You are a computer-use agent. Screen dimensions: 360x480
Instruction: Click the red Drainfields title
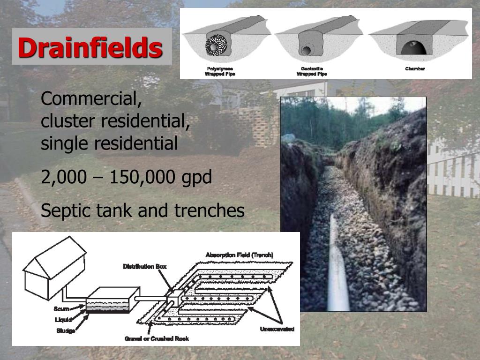click(x=90, y=47)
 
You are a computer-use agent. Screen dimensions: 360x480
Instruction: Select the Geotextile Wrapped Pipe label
click(x=312, y=71)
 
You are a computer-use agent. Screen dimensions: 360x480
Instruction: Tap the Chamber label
click(x=415, y=69)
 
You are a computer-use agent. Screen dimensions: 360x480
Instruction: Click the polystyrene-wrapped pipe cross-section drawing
click(x=217, y=46)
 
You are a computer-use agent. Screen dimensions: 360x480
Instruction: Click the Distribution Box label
click(x=145, y=267)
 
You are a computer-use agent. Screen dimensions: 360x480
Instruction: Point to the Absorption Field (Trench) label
click(x=239, y=255)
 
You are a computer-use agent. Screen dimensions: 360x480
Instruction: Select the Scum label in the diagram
click(x=61, y=309)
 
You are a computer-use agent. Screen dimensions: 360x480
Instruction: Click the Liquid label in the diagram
click(x=63, y=320)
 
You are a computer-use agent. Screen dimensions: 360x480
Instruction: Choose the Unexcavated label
click(x=277, y=329)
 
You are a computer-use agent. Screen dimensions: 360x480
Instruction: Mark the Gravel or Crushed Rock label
click(x=157, y=338)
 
